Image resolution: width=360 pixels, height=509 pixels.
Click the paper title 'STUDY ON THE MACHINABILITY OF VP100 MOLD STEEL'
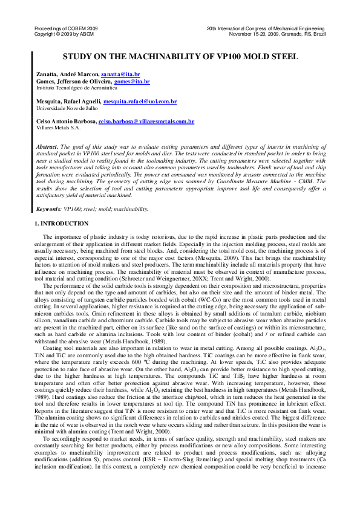pos(180,56)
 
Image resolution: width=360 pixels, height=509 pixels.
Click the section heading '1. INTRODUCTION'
pos(61,224)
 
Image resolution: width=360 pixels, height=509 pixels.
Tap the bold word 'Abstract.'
pos(48,147)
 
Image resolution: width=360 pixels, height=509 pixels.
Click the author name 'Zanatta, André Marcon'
pos(67,74)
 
